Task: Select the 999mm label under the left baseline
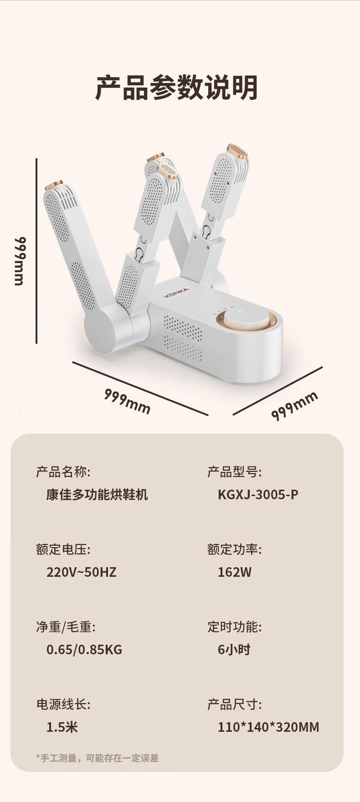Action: pos(127,401)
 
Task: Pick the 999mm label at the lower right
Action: pos(294,405)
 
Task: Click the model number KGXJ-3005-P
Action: pos(258,494)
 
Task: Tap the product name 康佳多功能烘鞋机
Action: pos(97,494)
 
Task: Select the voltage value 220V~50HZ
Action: pos(82,572)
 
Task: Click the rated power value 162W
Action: pos(235,572)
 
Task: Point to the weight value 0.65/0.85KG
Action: pos(84,649)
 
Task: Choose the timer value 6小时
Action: pos(234,649)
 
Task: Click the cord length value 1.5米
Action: pos(62,727)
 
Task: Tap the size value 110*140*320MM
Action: pos(268,727)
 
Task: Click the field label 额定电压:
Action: pos(63,549)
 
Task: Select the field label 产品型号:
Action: pos(235,471)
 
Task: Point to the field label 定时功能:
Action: pos(235,626)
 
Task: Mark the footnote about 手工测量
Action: pos(98,758)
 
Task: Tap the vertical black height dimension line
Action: pos(36,251)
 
